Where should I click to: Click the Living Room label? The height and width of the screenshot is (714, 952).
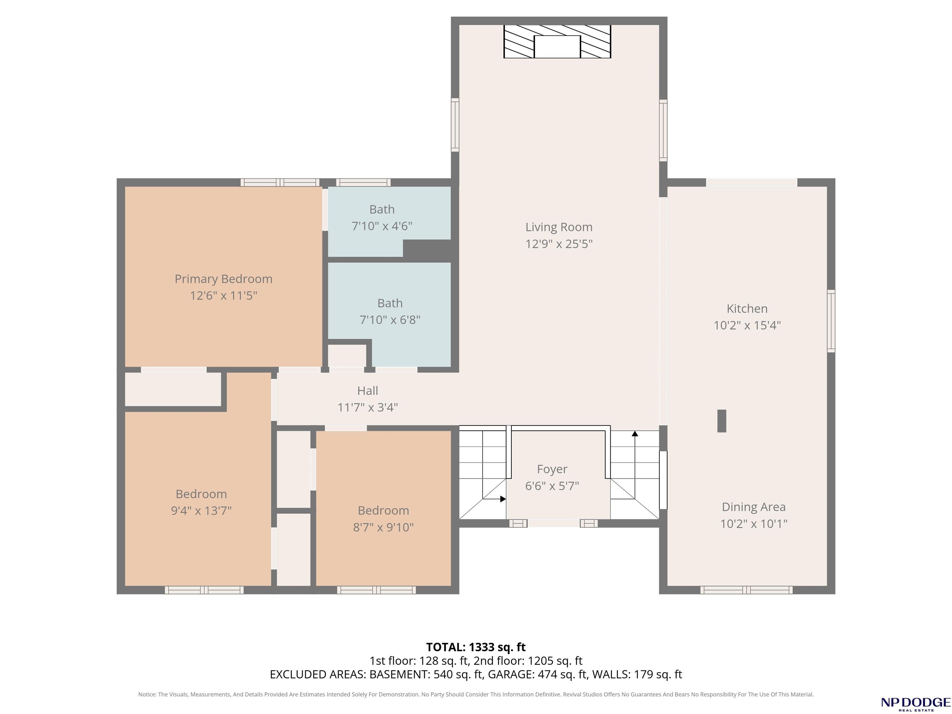(559, 227)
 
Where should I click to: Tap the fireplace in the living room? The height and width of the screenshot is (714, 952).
(557, 41)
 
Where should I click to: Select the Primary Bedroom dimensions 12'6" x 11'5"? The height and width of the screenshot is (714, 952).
(223, 296)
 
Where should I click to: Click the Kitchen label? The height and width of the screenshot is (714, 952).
(747, 309)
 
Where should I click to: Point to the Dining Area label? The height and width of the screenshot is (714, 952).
(754, 507)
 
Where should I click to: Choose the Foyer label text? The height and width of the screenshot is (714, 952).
(552, 469)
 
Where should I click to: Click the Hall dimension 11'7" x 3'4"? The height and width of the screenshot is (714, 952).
(368, 407)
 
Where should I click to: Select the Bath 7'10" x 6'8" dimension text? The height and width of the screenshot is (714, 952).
(390, 320)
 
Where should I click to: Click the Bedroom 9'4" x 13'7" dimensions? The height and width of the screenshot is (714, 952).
(201, 510)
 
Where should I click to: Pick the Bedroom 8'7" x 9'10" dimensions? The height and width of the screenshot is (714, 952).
(383, 527)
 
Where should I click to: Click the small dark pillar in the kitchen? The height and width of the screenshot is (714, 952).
(722, 421)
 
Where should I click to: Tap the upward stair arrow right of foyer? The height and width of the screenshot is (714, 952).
(635, 465)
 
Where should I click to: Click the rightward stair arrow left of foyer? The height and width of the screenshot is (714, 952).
(494, 499)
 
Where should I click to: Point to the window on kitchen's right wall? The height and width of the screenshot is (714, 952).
(831, 321)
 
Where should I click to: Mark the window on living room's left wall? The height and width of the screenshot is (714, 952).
(455, 125)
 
